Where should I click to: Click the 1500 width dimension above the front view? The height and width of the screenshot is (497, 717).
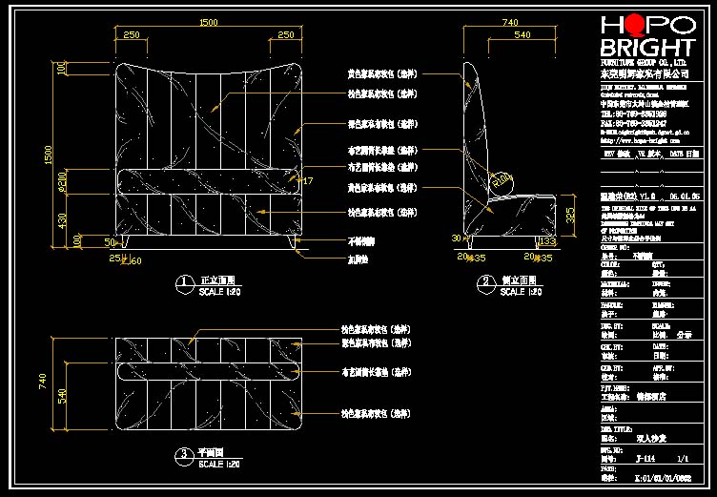click(x=207, y=22)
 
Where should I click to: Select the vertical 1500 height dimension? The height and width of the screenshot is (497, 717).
click(x=50, y=154)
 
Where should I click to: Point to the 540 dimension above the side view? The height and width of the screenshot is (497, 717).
click(x=522, y=35)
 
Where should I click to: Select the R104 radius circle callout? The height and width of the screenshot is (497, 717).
click(x=501, y=177)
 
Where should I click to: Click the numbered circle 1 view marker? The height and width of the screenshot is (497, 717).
click(x=185, y=283)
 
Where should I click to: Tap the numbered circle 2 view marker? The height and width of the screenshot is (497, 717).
click(x=485, y=283)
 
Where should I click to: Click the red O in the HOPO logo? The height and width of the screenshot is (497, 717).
click(x=628, y=26)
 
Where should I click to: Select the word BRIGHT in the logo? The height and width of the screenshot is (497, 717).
click(x=647, y=48)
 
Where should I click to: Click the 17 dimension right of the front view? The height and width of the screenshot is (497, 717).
click(x=307, y=180)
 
